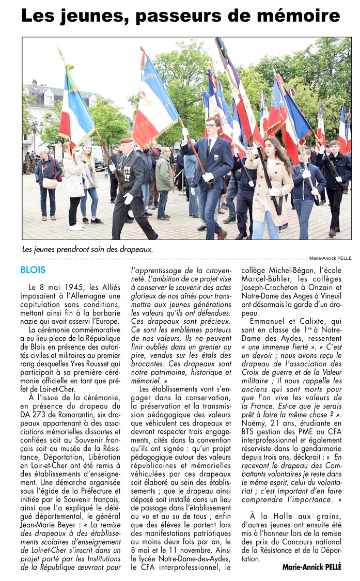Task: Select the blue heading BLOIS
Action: (33, 270)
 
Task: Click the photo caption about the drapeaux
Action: (88, 249)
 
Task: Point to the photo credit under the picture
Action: (330, 258)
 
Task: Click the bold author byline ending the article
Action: (312, 567)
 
